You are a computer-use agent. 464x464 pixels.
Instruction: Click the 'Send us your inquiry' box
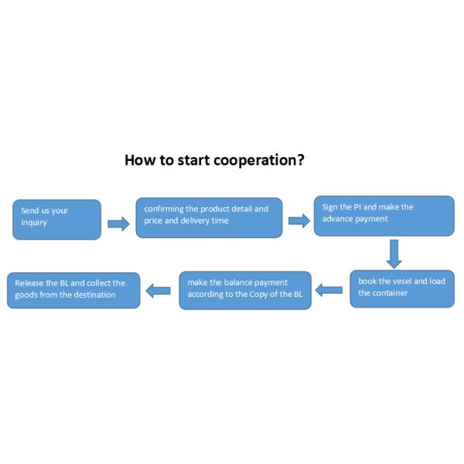pyautogui.click(x=56, y=219)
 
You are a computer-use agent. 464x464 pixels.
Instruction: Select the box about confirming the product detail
pyautogui.click(x=209, y=217)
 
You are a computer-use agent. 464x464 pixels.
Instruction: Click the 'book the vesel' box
pyautogui.click(x=401, y=288)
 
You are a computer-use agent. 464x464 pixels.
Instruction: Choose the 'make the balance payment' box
pyautogui.click(x=245, y=290)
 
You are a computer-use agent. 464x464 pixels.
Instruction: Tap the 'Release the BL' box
pyautogui.click(x=73, y=289)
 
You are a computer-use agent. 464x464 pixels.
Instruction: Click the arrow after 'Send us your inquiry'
pyautogui.click(x=118, y=223)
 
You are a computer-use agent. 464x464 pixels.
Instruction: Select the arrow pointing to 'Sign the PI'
pyautogui.click(x=299, y=221)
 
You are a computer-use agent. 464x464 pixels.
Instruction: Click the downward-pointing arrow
pyautogui.click(x=394, y=254)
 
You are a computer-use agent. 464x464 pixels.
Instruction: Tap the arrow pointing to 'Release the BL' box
pyautogui.click(x=159, y=291)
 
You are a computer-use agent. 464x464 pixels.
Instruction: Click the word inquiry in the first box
pyautogui.click(x=34, y=223)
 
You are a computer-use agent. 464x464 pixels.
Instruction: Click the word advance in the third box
pyautogui.click(x=339, y=219)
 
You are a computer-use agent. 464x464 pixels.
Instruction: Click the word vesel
pyautogui.click(x=392, y=281)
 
